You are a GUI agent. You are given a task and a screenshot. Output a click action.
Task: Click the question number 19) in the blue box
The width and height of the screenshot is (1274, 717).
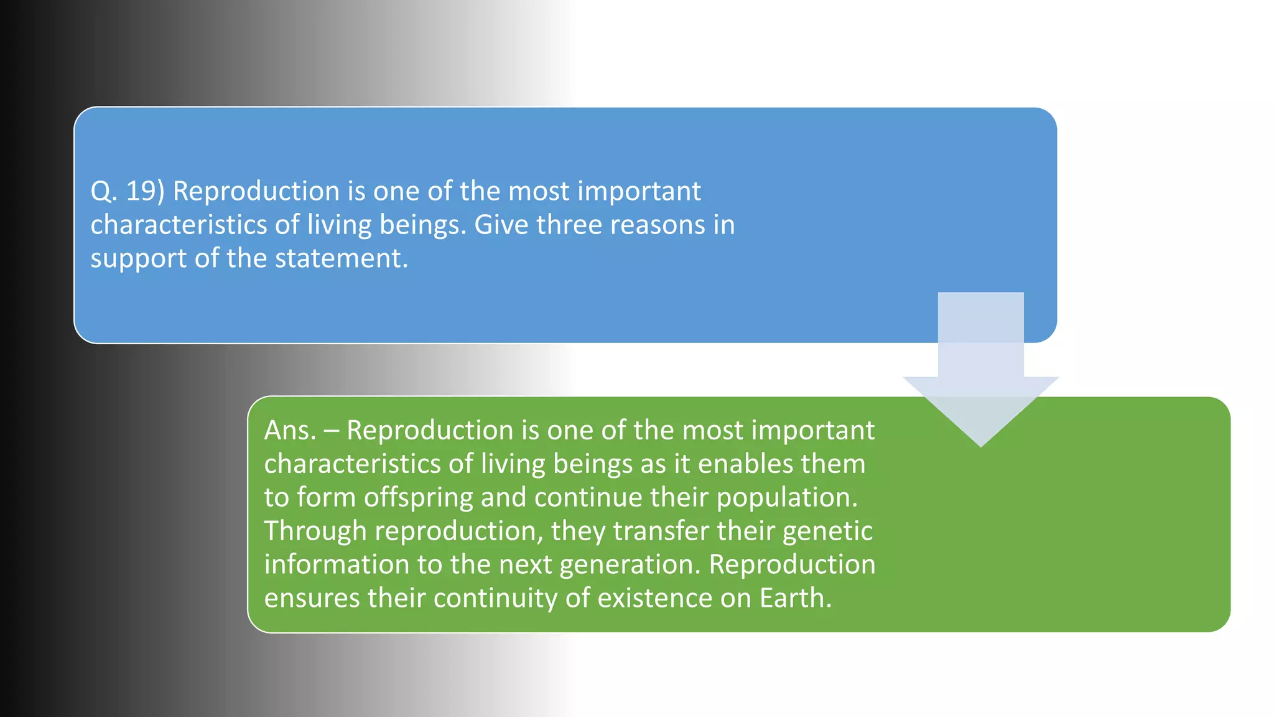click(x=145, y=191)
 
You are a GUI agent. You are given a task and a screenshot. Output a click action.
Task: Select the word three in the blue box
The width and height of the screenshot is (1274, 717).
click(x=569, y=225)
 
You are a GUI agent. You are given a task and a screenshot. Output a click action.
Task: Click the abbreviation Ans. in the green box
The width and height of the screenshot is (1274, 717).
click(x=291, y=431)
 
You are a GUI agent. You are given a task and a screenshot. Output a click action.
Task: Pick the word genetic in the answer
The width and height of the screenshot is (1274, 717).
click(x=827, y=532)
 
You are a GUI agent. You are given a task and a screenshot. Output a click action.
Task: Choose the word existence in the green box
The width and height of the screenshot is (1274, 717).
click(x=654, y=598)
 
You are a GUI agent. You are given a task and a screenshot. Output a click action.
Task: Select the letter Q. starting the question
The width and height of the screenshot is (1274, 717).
click(x=103, y=191)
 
